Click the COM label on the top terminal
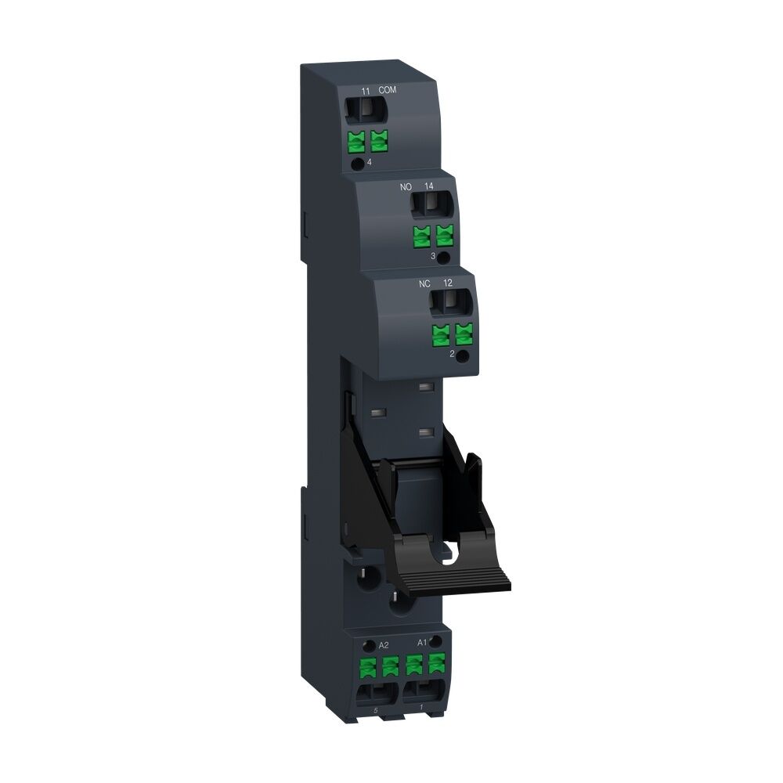[x=388, y=91]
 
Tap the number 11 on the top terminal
[x=365, y=91]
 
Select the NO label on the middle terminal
[x=406, y=186]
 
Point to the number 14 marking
[x=428, y=186]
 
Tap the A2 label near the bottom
[x=384, y=645]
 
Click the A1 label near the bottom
[x=421, y=643]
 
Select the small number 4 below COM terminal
[x=369, y=162]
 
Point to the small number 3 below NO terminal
[x=433, y=256]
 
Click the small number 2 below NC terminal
[x=453, y=354]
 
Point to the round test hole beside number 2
[x=464, y=356]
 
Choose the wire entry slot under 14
[x=429, y=207]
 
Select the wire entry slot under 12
[x=449, y=303]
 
